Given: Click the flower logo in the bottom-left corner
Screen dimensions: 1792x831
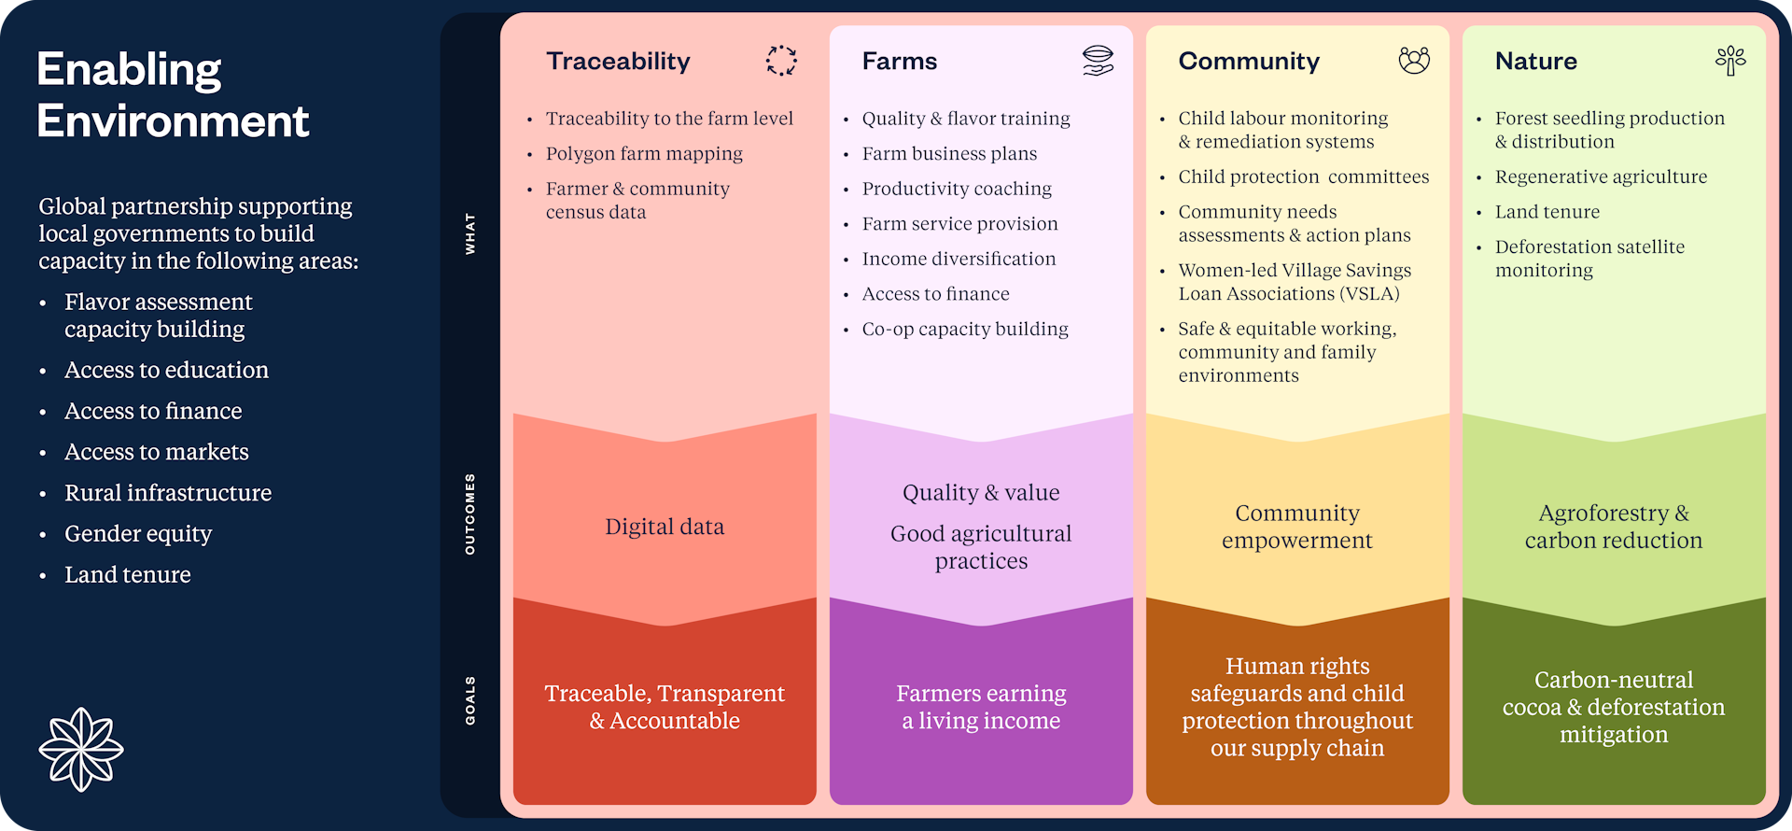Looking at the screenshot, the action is (81, 749).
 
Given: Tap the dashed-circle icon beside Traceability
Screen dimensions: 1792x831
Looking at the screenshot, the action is (781, 61).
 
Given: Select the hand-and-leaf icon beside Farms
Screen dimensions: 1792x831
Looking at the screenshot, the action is (1098, 61).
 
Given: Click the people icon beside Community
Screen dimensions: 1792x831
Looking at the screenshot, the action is (1414, 61).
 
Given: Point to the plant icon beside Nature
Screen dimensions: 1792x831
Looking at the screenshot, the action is (1730, 61).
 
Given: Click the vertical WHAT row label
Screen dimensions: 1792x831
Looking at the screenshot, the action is (470, 233).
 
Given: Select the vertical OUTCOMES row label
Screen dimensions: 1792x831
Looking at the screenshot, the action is (470, 514).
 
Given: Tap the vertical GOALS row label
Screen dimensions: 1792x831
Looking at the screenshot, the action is (470, 700).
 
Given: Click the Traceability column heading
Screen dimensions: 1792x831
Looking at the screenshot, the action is (618, 62).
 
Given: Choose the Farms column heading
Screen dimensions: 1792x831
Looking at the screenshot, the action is (900, 62).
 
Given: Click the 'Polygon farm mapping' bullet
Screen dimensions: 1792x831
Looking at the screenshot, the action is (644, 154).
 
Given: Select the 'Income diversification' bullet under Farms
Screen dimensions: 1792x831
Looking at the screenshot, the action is (959, 259).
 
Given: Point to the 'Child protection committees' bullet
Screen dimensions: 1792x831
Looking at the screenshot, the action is (1303, 177).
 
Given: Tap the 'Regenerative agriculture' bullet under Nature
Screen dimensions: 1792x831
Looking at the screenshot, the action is (1601, 177).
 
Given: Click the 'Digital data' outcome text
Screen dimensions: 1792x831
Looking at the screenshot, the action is (665, 527).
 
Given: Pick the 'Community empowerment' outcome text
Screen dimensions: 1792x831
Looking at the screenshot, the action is (1297, 527).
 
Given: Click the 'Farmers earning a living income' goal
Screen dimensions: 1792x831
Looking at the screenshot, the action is (981, 707).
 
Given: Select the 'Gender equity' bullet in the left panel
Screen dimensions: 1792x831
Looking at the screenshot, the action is (138, 534).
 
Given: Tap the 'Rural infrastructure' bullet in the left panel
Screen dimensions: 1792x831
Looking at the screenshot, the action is (168, 493).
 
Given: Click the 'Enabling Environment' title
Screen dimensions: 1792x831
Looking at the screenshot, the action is (173, 95).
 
